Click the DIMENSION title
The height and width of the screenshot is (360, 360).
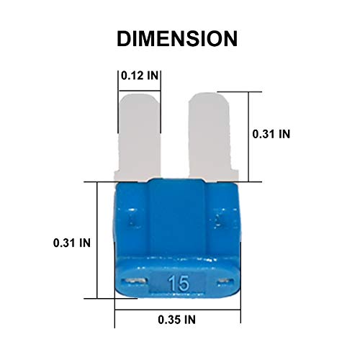click(x=177, y=38)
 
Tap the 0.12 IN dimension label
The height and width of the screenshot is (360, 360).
click(x=140, y=76)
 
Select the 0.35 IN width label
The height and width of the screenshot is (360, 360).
click(x=176, y=320)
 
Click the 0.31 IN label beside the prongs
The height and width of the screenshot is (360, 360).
click(x=271, y=134)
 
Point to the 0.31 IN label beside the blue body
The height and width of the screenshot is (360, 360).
click(x=72, y=243)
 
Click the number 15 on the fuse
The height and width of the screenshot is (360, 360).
click(x=179, y=283)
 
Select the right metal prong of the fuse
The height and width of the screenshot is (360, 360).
click(x=212, y=137)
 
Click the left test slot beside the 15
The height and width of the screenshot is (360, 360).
click(x=134, y=281)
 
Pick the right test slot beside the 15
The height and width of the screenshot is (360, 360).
click(x=225, y=281)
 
